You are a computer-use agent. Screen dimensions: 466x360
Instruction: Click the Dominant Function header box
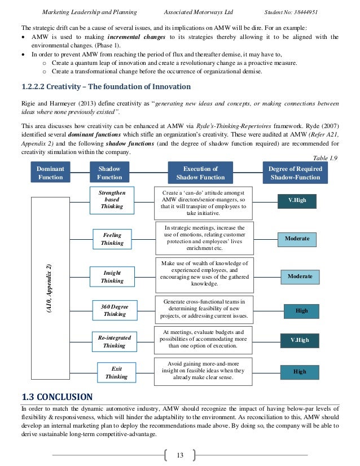(50, 173)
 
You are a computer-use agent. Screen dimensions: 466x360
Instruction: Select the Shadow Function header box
(109, 173)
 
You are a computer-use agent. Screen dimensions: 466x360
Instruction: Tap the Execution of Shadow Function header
(200, 173)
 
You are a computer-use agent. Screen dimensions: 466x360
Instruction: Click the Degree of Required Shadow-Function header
(295, 173)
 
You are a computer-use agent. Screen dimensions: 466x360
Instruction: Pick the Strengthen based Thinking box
(112, 200)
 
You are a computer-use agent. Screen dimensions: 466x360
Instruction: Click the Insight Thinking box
(112, 276)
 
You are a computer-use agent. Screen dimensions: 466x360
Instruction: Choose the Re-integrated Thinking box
(114, 341)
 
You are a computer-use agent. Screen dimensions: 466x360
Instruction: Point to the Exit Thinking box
(116, 372)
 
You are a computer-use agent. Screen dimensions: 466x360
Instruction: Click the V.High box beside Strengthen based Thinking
(297, 200)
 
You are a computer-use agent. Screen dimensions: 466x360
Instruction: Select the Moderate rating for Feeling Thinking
(297, 239)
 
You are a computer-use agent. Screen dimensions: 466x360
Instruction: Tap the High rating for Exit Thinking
(300, 372)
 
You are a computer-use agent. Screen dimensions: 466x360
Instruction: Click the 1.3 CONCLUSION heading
(54, 396)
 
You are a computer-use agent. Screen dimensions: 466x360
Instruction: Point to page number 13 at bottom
(180, 455)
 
